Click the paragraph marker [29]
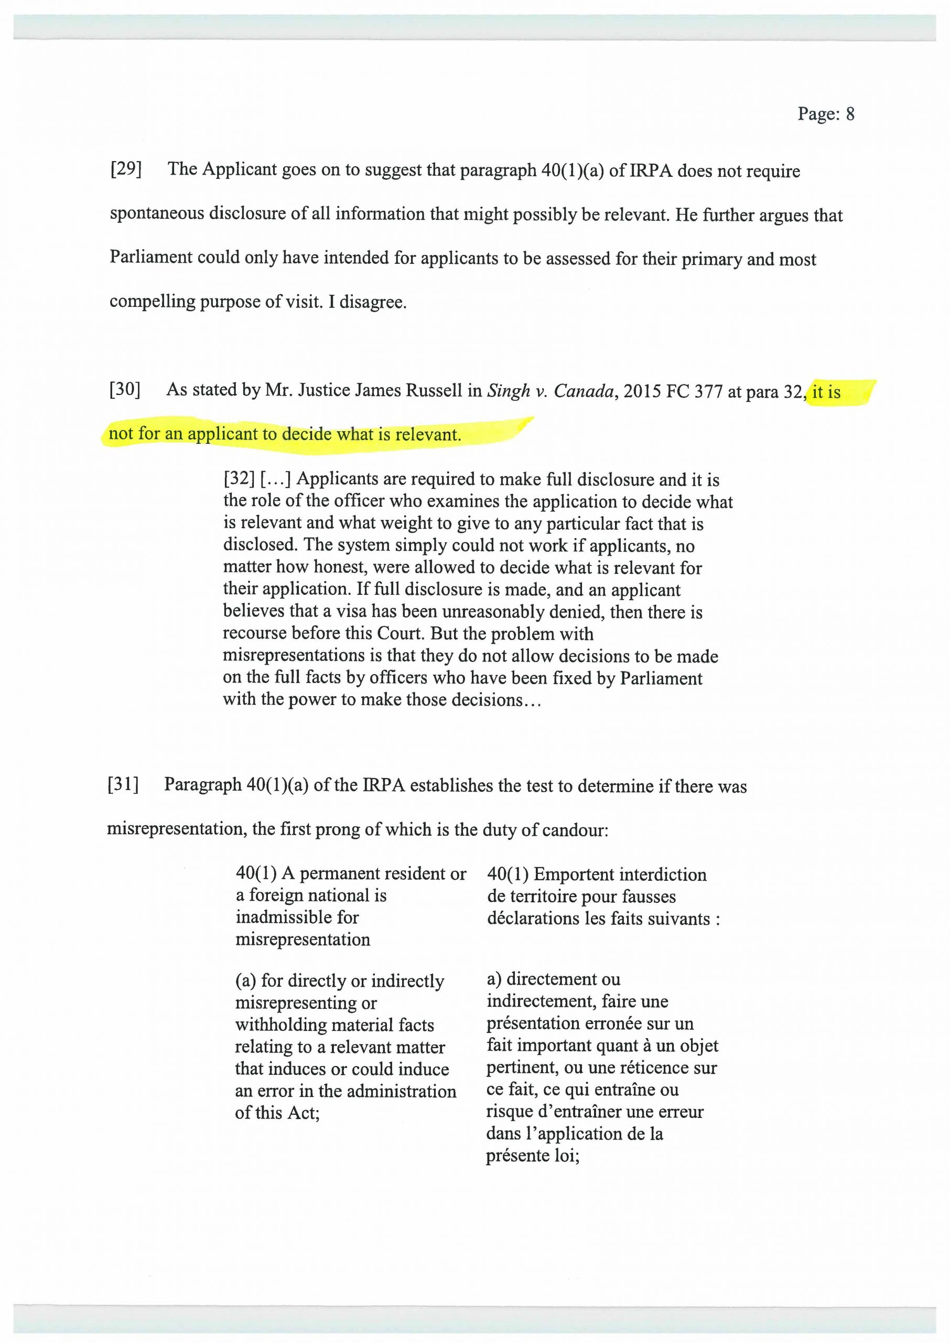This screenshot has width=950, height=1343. click(x=126, y=169)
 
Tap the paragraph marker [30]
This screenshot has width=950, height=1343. click(x=125, y=390)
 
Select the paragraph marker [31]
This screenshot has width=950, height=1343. click(x=123, y=785)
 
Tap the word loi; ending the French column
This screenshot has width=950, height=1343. click(x=565, y=1156)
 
